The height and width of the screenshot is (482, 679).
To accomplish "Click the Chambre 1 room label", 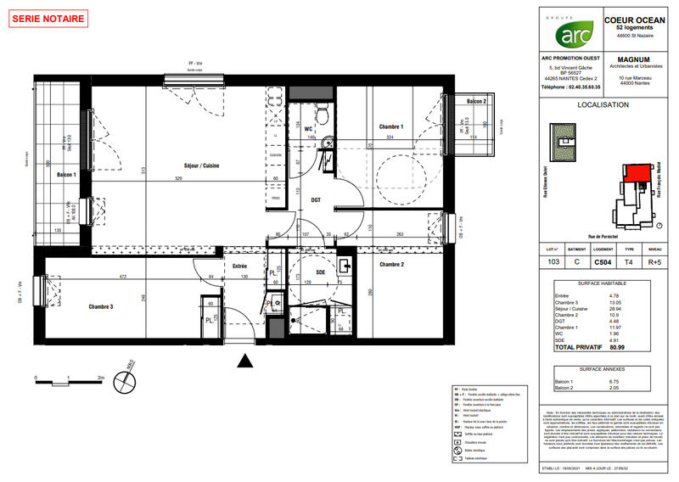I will click(x=390, y=126).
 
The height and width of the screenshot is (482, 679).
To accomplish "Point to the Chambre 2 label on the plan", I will click(x=390, y=264).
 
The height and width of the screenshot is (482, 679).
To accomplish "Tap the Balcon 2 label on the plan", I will click(x=474, y=101).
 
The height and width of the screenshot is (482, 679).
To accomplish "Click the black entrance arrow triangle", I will click(x=246, y=362).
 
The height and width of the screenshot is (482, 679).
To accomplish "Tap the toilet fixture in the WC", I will click(x=322, y=115).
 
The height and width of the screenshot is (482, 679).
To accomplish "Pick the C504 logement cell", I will click(x=603, y=264).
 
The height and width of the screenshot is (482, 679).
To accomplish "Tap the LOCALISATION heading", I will click(x=603, y=105).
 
